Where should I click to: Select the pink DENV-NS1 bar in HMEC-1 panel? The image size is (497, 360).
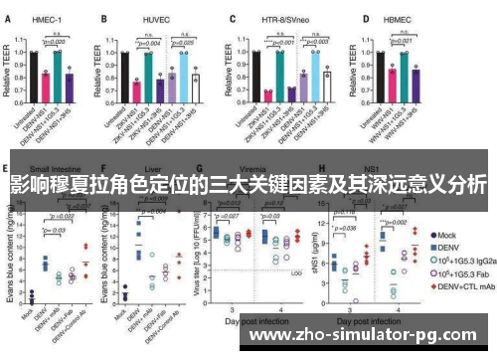[x=47, y=90]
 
